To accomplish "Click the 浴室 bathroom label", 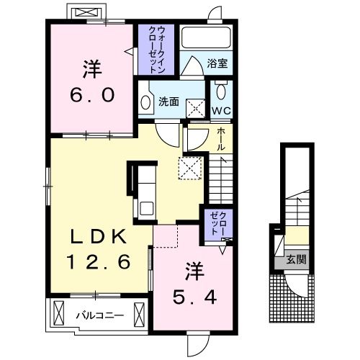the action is click(217, 63).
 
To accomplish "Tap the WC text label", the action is click(221, 111).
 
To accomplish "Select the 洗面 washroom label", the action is click(168, 102).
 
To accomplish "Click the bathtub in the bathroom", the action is click(206, 37).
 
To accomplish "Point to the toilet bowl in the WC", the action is click(221, 91).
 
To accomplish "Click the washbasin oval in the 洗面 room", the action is click(145, 103).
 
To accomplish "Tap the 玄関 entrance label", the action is click(296, 259).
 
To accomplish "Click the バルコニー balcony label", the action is click(100, 315).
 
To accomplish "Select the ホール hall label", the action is click(221, 139).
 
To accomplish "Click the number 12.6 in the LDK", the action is click(99, 261).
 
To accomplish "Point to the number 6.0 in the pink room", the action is click(92, 95).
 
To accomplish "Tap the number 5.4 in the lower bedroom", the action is click(194, 297).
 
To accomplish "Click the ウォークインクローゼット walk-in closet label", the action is click(157, 50).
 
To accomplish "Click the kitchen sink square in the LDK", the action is click(146, 208).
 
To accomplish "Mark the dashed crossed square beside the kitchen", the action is click(190, 168).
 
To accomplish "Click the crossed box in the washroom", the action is click(196, 109).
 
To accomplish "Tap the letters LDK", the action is click(98, 236).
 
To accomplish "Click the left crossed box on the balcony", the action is click(59, 313).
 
